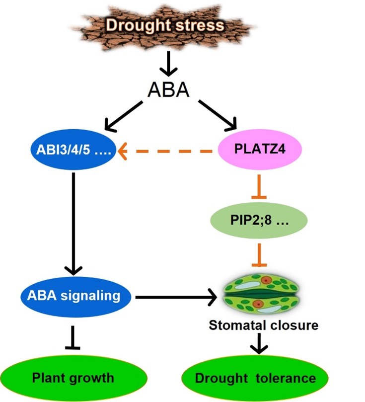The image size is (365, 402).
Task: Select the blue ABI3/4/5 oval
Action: (73, 148)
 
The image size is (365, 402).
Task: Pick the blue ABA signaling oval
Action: (73, 296)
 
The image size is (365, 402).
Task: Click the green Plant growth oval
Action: (73, 378)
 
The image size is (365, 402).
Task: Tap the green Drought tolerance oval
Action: (255, 378)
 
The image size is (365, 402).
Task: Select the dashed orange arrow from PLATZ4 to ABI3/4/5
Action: (169, 148)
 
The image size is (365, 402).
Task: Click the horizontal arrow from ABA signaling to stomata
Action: (176, 297)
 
